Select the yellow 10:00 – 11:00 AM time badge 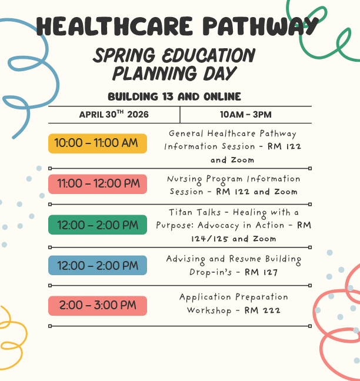(97, 143)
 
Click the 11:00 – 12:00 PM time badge (97, 183)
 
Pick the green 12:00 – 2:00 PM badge (97, 225)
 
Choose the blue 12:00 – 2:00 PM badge (97, 266)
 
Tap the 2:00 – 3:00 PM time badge (97, 306)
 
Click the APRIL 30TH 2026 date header (114, 114)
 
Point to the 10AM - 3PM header (245, 114)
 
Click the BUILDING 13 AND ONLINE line (174, 96)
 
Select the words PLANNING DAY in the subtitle (174, 73)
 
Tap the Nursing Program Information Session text (234, 185)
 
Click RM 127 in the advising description (261, 272)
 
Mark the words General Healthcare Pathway (232, 133)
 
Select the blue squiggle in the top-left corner (26, 71)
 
